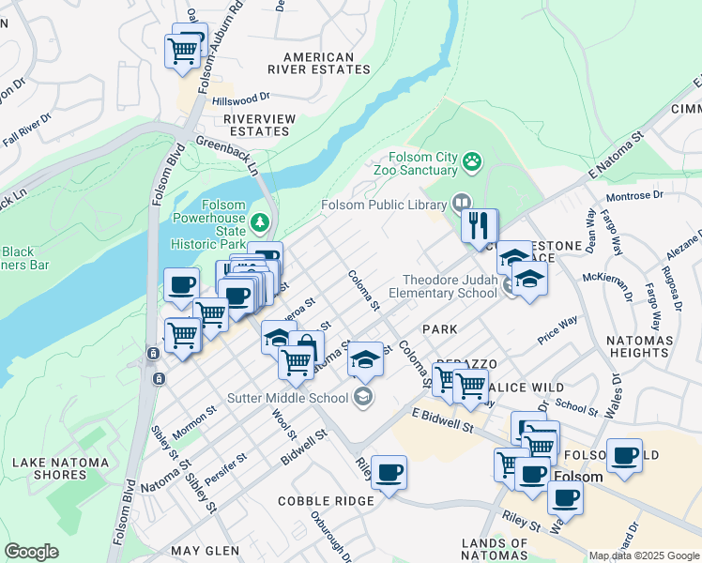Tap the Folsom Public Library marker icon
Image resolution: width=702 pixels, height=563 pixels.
461,203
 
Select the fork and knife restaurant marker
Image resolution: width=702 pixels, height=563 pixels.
480,225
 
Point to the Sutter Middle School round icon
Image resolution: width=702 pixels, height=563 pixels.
362,398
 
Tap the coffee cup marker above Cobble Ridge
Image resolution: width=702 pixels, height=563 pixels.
389,472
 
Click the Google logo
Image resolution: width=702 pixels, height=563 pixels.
31,552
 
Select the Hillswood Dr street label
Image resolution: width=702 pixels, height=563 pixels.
240,98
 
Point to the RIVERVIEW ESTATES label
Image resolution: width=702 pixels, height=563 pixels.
259,125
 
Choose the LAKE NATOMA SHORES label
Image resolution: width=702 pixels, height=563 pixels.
63,468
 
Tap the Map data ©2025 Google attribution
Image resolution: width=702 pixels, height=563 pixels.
644,555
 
